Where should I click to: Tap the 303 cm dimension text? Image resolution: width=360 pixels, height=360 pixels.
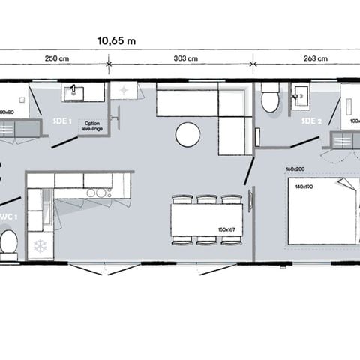tap(186, 58)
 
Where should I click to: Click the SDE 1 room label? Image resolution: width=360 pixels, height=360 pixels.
tap(61, 120)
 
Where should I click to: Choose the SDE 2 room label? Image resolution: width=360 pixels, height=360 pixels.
tap(312, 120)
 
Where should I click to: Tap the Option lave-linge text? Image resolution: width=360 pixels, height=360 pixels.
tap(91, 126)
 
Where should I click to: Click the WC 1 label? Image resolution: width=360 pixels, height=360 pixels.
tap(7, 217)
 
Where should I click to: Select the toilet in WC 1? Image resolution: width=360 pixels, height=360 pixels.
tap(9, 242)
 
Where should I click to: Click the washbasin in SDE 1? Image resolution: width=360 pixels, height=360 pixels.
tap(74, 93)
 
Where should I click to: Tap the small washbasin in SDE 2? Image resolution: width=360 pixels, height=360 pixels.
tap(303, 95)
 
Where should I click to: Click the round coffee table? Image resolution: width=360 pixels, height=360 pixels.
tap(187, 135)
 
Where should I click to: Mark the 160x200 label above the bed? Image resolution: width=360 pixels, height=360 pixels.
tap(295, 169)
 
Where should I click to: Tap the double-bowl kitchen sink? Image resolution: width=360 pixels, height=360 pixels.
tap(96, 193)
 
